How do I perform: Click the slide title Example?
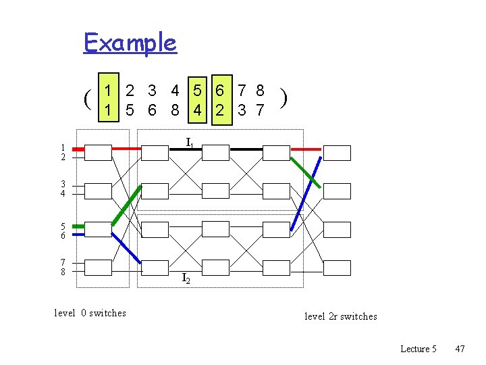pos(130,43)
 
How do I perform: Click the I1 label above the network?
pos(190,143)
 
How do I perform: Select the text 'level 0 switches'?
pos(90,313)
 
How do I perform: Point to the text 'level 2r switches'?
pos(341,316)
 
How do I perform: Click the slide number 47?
pos(460,349)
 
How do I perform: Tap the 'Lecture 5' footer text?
pos(418,349)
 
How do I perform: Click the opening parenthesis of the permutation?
pos(88,99)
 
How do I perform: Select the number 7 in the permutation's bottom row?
pos(260,109)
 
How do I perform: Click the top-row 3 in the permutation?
pos(153,90)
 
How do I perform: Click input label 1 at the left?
pos(63,147)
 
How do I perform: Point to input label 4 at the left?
pos(63,194)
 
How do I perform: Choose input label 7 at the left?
pos(63,263)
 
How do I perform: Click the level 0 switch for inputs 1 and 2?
pos(98,153)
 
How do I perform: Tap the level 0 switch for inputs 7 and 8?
pos(98,268)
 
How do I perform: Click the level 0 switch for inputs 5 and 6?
pos(98,230)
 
